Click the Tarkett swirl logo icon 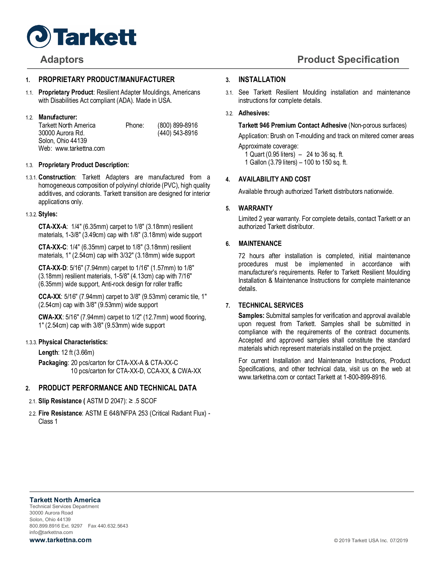(x=39, y=36)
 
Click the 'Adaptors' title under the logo (x=62, y=59)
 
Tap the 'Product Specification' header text (x=348, y=59)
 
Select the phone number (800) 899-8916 (x=177, y=125)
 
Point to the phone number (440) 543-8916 (x=177, y=133)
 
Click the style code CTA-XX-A (x=52, y=227)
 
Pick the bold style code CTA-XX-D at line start (x=52, y=268)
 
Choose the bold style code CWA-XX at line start (x=50, y=317)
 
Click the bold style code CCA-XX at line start (x=49, y=296)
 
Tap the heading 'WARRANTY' (x=255, y=208)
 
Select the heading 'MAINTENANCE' (x=260, y=244)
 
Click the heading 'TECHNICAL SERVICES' (x=271, y=305)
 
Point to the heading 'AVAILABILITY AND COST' (x=274, y=179)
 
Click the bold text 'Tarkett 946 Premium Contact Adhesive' (x=292, y=126)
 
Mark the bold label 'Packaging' (x=53, y=363)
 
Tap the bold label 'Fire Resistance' (x=60, y=413)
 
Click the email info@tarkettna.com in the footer (x=51, y=532)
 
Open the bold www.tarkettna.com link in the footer (x=61, y=540)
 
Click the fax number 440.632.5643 (x=108, y=526)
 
